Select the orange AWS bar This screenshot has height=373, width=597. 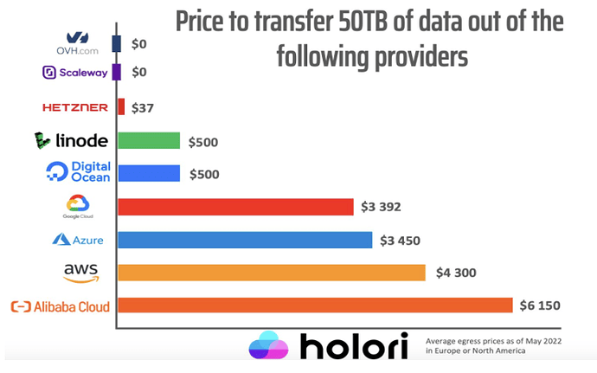(x=271, y=273)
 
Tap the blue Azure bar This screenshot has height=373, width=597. (x=244, y=240)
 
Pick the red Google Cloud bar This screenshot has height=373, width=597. (x=234, y=207)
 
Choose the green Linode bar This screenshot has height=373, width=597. (x=148, y=140)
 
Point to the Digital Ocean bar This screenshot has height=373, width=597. (x=148, y=173)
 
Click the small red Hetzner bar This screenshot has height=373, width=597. (x=121, y=107)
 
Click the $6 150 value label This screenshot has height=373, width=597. (x=539, y=305)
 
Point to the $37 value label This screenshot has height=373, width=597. (x=141, y=107)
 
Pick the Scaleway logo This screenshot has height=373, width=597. (x=74, y=73)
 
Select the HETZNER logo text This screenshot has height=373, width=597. (x=74, y=107)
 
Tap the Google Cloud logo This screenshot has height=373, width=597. (x=78, y=207)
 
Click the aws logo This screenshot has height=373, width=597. (x=80, y=273)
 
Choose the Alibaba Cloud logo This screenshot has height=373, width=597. (x=59, y=306)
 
